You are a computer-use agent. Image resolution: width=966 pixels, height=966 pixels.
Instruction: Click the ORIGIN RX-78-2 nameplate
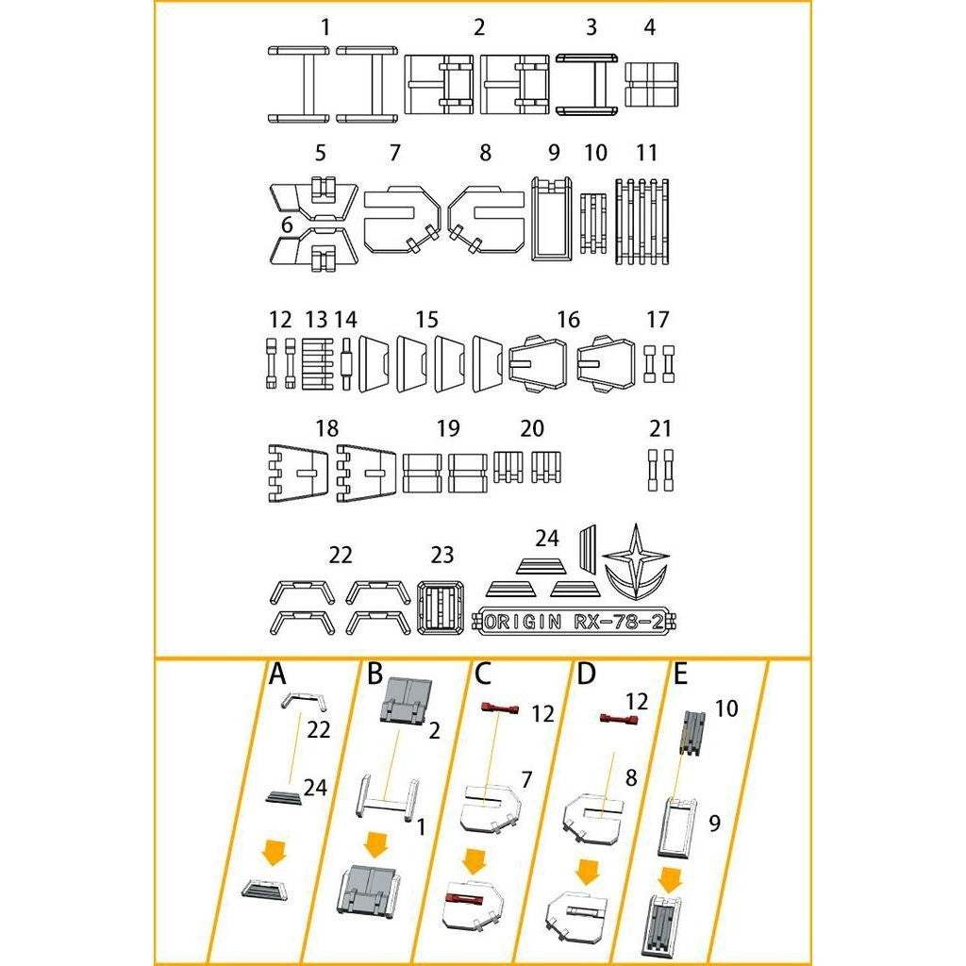pos(585,622)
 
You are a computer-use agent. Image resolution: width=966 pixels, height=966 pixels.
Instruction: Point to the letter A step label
pos(277,675)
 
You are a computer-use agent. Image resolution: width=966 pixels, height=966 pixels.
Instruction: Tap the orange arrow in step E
pos(671,879)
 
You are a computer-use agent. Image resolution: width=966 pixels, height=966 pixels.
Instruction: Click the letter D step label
pos(586,675)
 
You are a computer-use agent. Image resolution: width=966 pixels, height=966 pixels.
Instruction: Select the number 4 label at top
pos(649,27)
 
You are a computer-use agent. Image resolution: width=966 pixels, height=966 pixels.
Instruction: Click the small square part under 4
pos(652,86)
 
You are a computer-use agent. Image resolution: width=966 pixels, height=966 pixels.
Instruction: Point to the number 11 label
pos(646,153)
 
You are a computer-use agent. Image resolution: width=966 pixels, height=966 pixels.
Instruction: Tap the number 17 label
pos(658,320)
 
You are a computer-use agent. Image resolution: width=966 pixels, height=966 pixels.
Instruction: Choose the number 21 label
pos(660,429)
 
